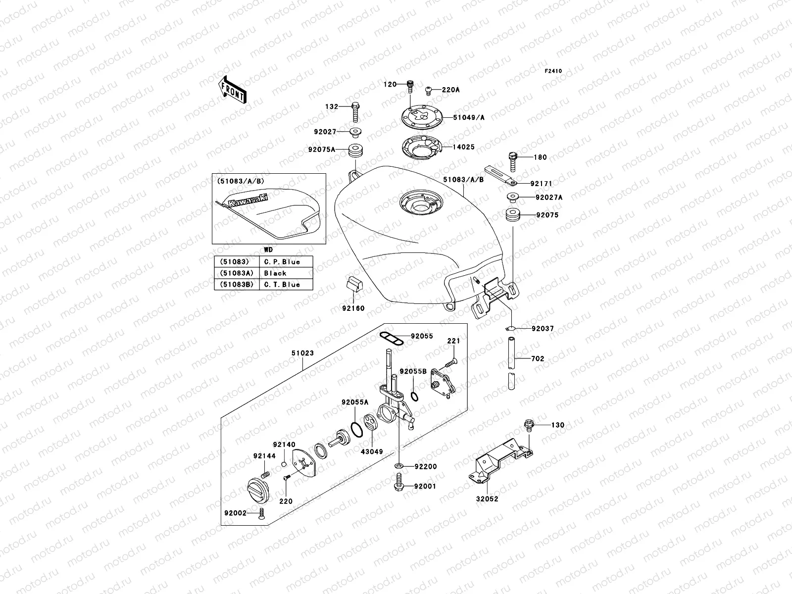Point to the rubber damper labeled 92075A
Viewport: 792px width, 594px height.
click(x=355, y=149)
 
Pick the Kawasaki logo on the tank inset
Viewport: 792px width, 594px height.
click(x=246, y=200)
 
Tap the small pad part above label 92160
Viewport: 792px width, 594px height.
click(x=353, y=284)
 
